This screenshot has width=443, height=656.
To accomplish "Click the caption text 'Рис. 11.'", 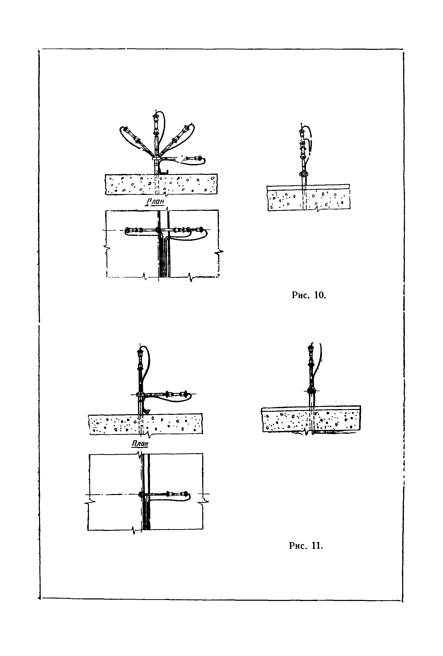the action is (x=306, y=546).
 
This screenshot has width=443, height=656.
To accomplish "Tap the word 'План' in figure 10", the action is (x=155, y=202).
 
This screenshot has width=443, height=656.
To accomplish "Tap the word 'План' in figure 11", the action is (x=140, y=443).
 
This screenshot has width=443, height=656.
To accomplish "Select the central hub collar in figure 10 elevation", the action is (x=156, y=158).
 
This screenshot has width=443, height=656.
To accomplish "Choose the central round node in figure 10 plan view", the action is (x=158, y=230).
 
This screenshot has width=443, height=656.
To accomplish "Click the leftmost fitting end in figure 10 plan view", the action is (x=127, y=230).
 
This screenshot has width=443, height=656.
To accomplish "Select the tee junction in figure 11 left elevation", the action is (x=140, y=394).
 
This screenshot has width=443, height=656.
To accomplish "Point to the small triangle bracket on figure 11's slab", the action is (x=147, y=412).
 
